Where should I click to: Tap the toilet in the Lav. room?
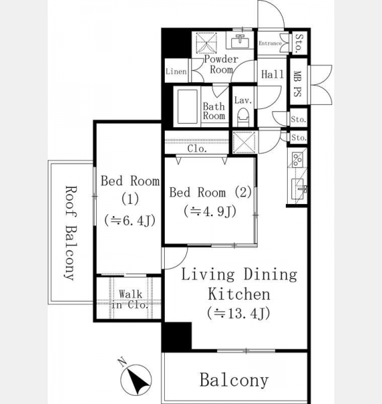pyautogui.click(x=243, y=117)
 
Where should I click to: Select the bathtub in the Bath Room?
pyautogui.click(x=187, y=107)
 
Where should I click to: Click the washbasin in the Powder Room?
pyautogui.click(x=240, y=41)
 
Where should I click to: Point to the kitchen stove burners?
pyautogui.click(x=297, y=160)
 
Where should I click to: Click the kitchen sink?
pyautogui.click(x=299, y=189)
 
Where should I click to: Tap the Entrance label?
pyautogui.click(x=270, y=43)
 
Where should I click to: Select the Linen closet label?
pyautogui.click(x=176, y=71)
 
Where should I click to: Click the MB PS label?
pyautogui.click(x=297, y=84)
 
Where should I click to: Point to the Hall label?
pyautogui.click(x=272, y=75)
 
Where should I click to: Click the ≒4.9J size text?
pyautogui.click(x=210, y=211)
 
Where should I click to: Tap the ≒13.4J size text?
pyautogui.click(x=239, y=313)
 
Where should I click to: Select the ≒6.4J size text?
pyautogui.click(x=130, y=221)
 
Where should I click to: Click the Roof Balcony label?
pyautogui.click(x=70, y=233)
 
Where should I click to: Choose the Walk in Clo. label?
pyautogui.click(x=130, y=300)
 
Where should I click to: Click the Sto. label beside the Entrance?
pyautogui.click(x=299, y=44)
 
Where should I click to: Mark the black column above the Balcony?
pyautogui.click(x=178, y=336)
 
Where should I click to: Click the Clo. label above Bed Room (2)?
pyautogui.click(x=197, y=149)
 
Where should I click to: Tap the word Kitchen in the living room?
pyautogui.click(x=239, y=294)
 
